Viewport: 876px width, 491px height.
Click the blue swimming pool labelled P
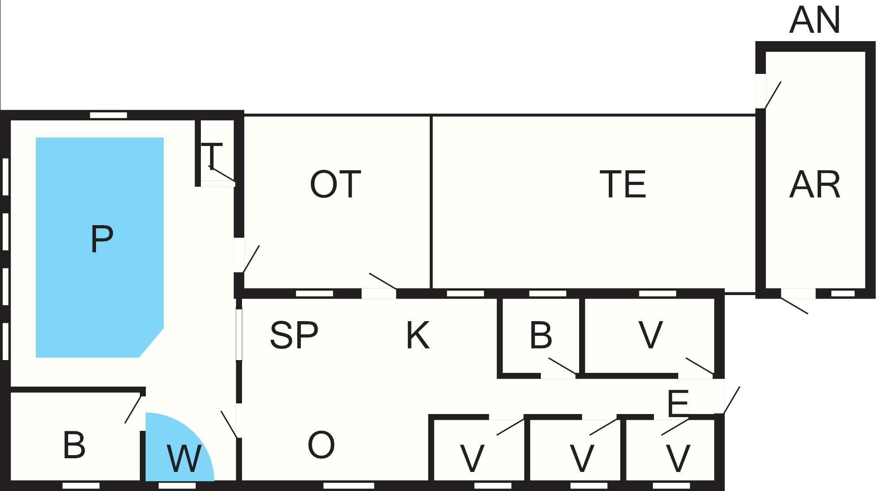[100, 247]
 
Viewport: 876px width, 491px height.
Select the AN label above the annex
[815, 20]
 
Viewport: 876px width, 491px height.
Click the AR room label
[815, 184]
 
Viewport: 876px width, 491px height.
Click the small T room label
[212, 155]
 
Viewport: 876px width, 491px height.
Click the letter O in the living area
[321, 445]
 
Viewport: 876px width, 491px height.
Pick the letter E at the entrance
[678, 403]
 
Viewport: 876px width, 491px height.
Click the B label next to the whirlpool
[74, 445]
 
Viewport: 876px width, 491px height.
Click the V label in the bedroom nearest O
[473, 459]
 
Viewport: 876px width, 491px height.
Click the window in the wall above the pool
[108, 115]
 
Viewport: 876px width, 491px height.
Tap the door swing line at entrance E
[731, 400]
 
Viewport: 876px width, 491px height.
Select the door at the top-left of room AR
[772, 95]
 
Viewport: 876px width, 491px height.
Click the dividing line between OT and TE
[431, 202]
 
